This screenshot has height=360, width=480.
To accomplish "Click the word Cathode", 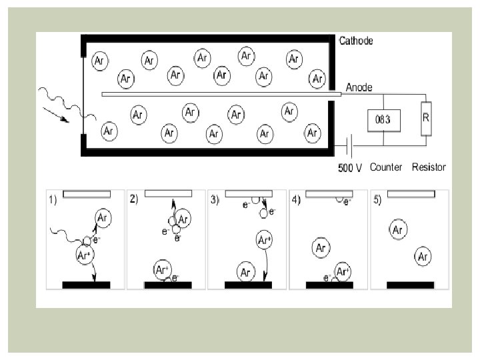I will (356, 41).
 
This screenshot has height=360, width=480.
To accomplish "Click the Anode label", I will (359, 87).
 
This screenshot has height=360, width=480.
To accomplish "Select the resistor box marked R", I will (426, 117).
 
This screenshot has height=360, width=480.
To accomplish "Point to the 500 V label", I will (350, 167).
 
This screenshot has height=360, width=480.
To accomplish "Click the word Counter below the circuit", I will (386, 167).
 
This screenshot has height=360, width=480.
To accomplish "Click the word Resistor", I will (428, 167).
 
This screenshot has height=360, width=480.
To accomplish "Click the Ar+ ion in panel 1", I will (84, 255).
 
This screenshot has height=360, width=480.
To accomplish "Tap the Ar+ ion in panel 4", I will (343, 271).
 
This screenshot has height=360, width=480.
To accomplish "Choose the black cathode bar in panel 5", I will (411, 285).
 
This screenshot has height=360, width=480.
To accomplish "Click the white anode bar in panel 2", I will (168, 193).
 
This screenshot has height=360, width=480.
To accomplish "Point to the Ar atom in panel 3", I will (246, 272).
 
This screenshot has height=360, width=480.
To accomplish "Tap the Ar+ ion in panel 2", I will (162, 271).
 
